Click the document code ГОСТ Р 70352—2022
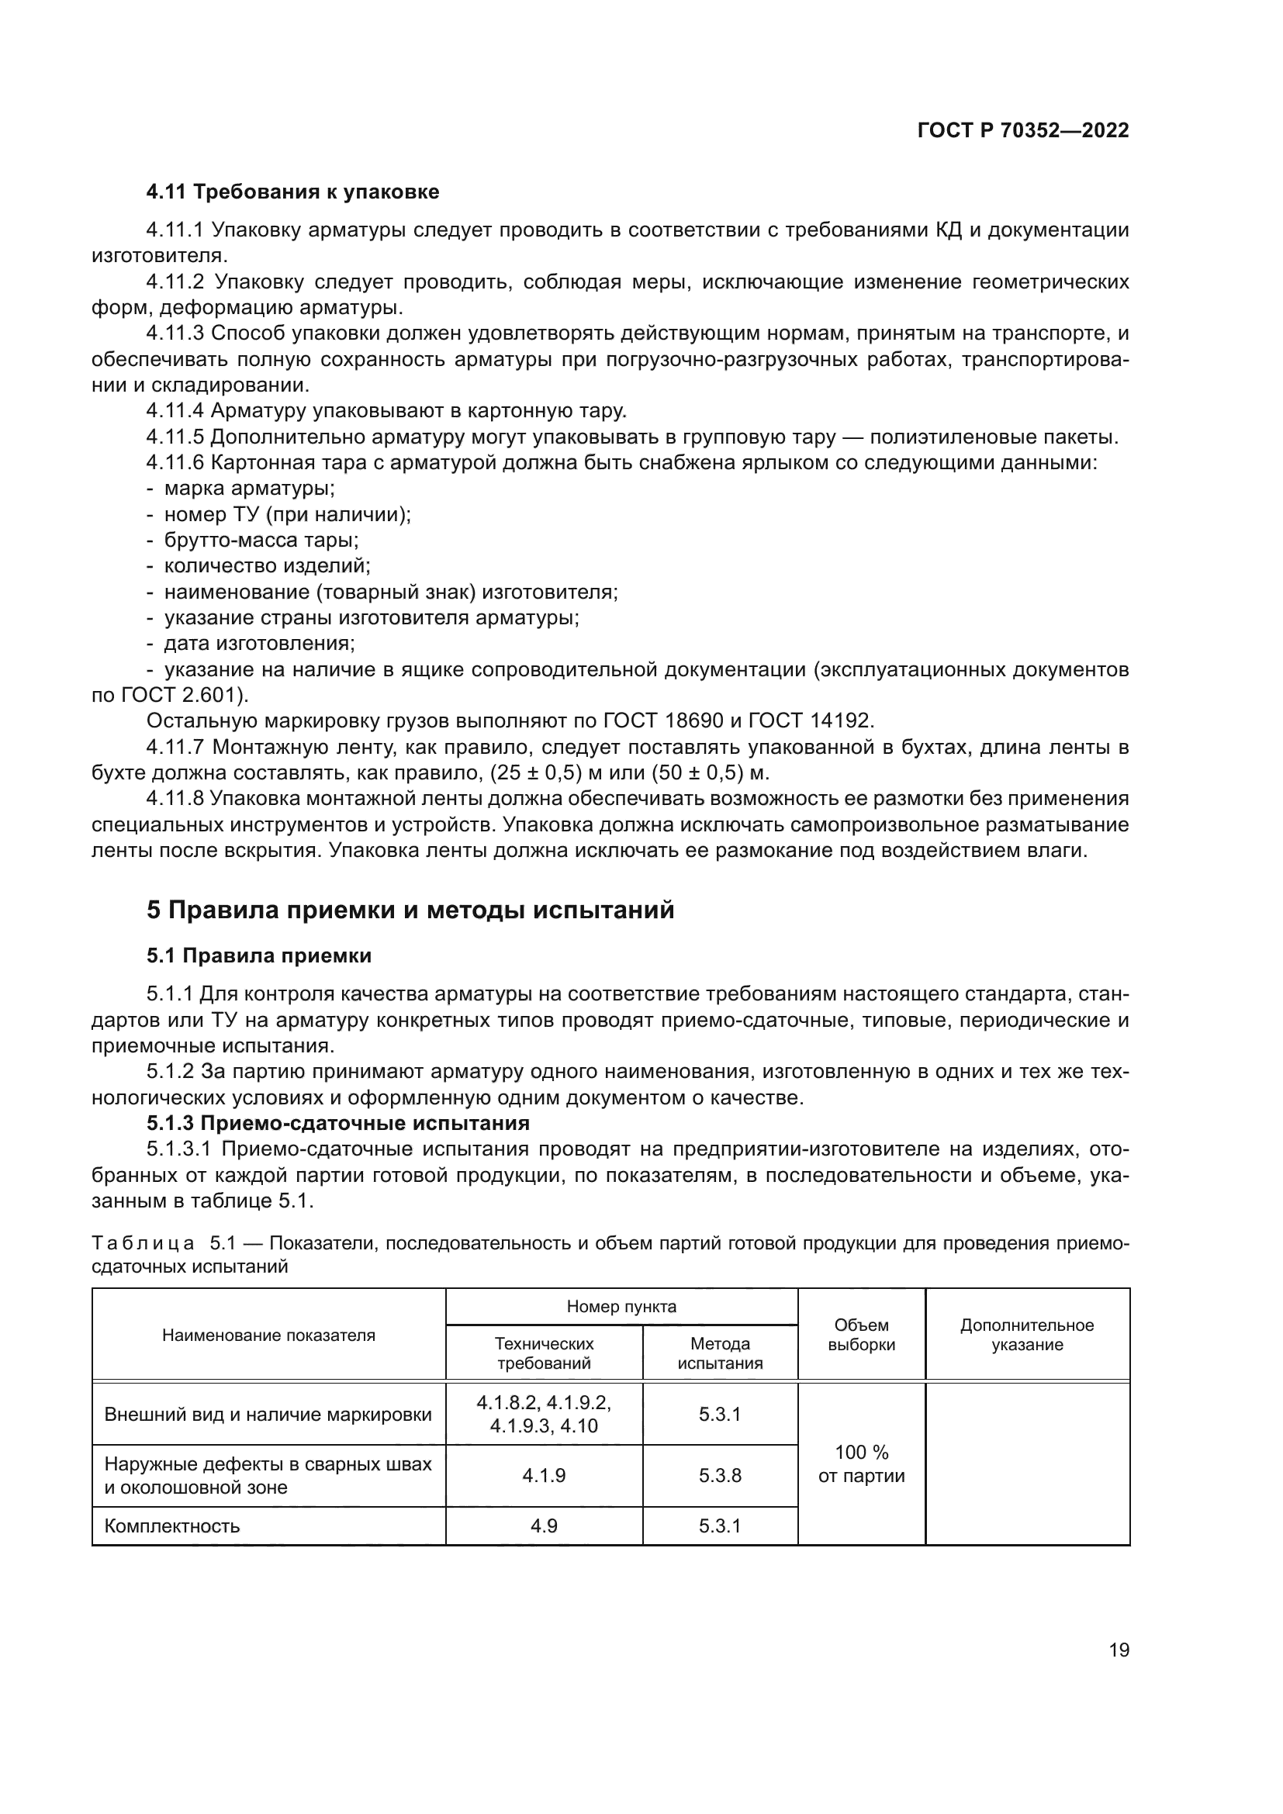pyautogui.click(x=1023, y=131)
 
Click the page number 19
pyautogui.click(x=1119, y=1650)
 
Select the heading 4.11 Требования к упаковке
pyautogui.click(x=292, y=192)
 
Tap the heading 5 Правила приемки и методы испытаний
pyautogui.click(x=410, y=910)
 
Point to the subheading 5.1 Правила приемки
pyautogui.click(x=258, y=956)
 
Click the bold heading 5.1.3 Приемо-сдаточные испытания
pyautogui.click(x=337, y=1123)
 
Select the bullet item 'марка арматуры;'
pyautogui.click(x=249, y=489)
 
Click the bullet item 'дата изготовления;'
pyautogui.click(x=259, y=643)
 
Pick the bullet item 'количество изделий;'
pyautogui.click(x=267, y=565)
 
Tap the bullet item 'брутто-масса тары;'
pyautogui.click(x=261, y=541)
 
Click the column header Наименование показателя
pyautogui.click(x=268, y=1335)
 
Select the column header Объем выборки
pyautogui.click(x=861, y=1335)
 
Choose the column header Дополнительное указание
pyautogui.click(x=1027, y=1335)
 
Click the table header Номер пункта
pyautogui.click(x=621, y=1307)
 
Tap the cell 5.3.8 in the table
pyautogui.click(x=720, y=1476)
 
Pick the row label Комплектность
pyautogui.click(x=171, y=1525)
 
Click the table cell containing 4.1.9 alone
pyautogui.click(x=544, y=1476)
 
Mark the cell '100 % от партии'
pyautogui.click(x=861, y=1464)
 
